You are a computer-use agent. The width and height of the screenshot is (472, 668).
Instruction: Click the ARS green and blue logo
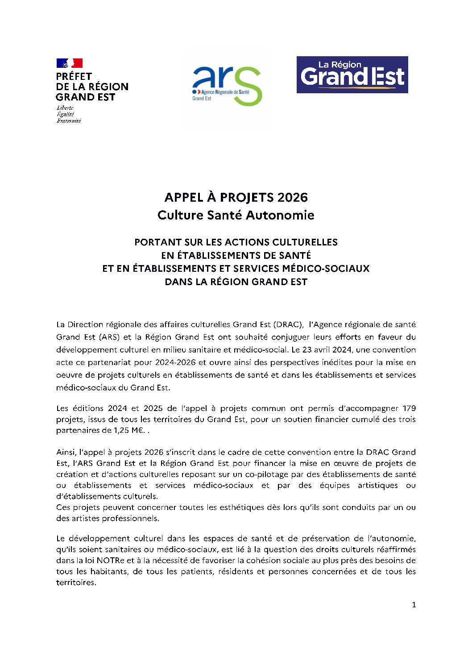pyautogui.click(x=227, y=86)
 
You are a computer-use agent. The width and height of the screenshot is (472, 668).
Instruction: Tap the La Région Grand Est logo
pyautogui.click(x=352, y=75)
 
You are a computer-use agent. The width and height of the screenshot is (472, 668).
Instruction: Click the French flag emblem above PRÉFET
pyautogui.click(x=69, y=63)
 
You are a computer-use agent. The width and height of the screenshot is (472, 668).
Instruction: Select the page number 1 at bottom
pyautogui.click(x=414, y=605)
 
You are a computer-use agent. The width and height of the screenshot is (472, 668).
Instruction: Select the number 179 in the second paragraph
pyautogui.click(x=409, y=408)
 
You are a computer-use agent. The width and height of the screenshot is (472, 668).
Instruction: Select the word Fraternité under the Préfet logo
pyautogui.click(x=69, y=121)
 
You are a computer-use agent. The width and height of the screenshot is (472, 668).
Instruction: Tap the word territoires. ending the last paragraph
pyautogui.click(x=76, y=583)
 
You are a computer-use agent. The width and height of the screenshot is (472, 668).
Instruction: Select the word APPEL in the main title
pyautogui.click(x=181, y=197)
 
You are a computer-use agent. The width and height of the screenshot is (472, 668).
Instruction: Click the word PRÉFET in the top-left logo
pyautogui.click(x=74, y=76)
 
